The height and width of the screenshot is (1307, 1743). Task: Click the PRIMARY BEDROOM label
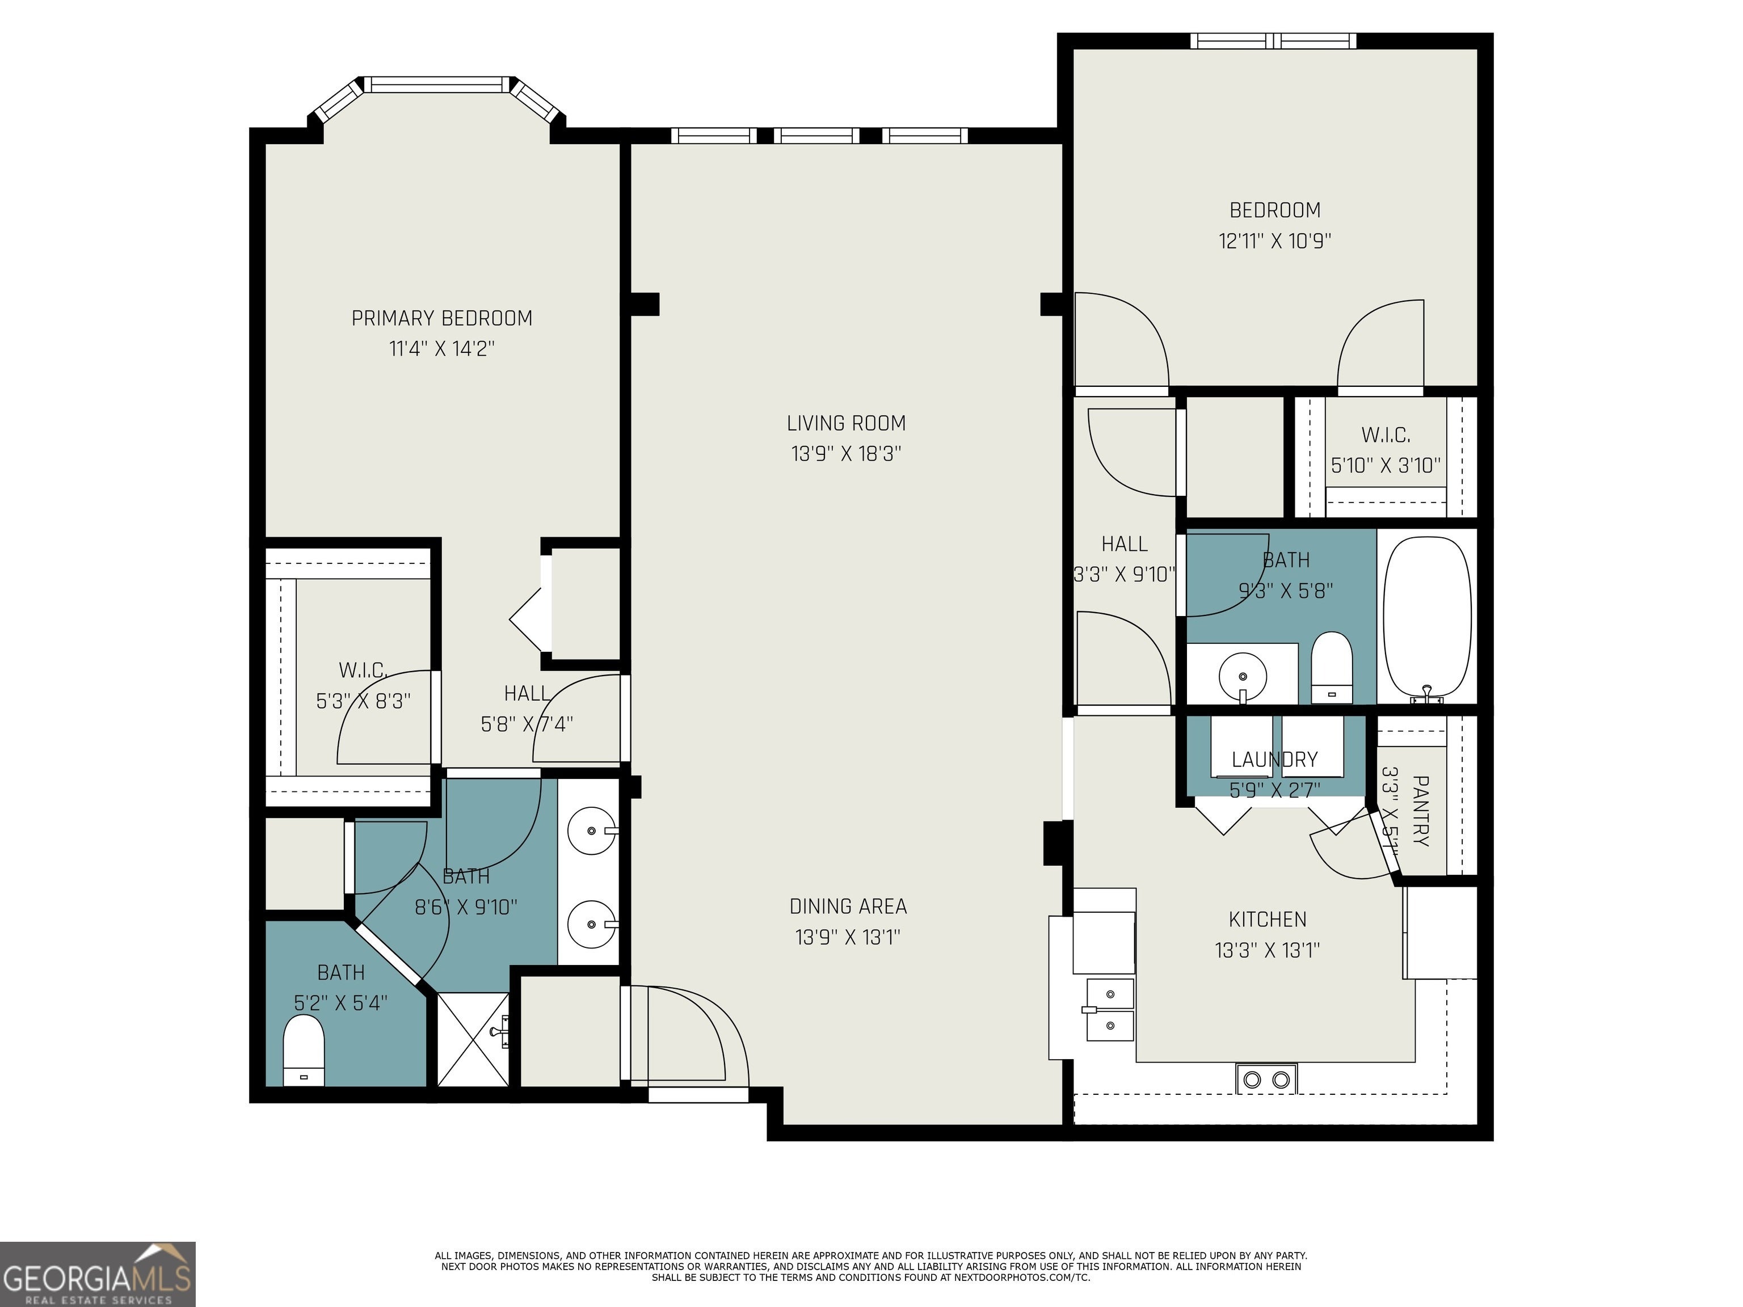point(441,318)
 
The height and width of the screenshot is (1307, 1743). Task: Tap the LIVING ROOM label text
point(847,423)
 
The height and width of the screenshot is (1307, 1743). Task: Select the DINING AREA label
point(848,906)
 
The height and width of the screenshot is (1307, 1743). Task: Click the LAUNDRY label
point(1274,760)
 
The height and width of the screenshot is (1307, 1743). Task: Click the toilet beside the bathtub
point(1332,667)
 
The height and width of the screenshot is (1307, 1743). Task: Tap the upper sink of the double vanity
point(592,830)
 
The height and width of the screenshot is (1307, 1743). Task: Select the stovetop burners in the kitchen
point(1265,1078)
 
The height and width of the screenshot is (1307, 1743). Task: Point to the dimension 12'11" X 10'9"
point(1275,241)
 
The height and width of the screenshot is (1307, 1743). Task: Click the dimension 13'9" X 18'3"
point(847,454)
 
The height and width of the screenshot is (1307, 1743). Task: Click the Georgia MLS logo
point(98,1274)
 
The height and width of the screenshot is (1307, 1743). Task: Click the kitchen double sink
point(1110,1009)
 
